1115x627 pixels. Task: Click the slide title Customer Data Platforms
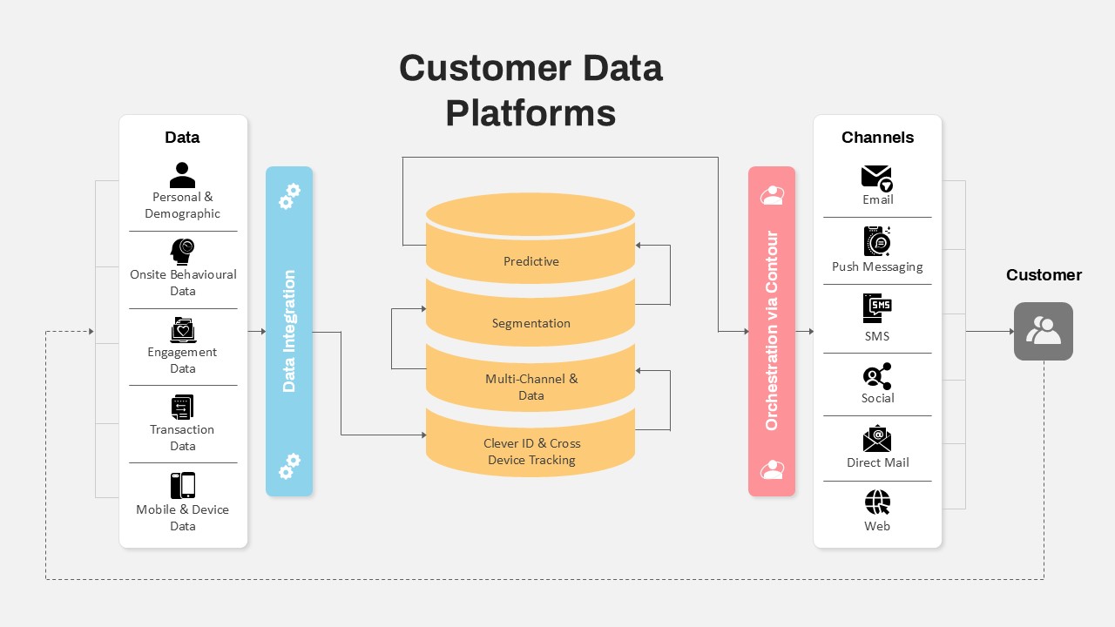[530, 91]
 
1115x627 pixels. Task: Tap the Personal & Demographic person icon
[182, 174]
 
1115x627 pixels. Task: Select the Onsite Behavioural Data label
[183, 282]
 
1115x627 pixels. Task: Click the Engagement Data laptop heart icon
[182, 330]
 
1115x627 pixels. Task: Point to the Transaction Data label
[182, 437]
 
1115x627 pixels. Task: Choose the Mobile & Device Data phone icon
[182, 485]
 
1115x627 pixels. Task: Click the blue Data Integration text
[289, 331]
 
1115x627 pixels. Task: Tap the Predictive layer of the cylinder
[530, 261]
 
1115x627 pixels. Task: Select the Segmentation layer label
[530, 323]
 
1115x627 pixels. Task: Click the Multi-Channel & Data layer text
[530, 387]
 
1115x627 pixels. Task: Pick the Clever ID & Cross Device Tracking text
[530, 451]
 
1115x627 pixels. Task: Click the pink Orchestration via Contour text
[771, 331]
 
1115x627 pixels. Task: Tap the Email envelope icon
[876, 178]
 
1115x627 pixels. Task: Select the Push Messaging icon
[877, 241]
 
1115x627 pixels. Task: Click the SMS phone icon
[877, 308]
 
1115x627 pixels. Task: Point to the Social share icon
[877, 376]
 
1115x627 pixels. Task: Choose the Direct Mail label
[877, 462]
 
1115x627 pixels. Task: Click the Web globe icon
[877, 502]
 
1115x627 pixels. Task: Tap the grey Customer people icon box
[1043, 331]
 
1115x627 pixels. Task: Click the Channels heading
[877, 138]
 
